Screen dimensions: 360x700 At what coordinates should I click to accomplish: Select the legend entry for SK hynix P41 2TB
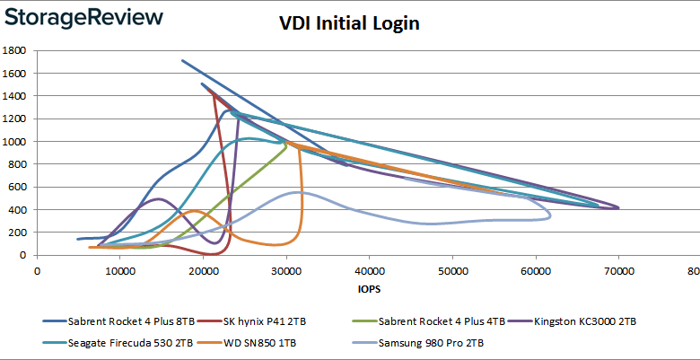[222, 319]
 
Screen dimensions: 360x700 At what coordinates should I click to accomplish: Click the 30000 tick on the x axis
[286, 270]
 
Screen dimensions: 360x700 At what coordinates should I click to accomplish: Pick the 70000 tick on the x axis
[618, 270]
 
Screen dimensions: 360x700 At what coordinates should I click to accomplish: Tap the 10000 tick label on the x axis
[119, 270]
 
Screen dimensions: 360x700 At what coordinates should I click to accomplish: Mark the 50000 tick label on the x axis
[452, 270]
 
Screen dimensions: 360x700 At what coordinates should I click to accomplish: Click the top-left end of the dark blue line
[182, 61]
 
